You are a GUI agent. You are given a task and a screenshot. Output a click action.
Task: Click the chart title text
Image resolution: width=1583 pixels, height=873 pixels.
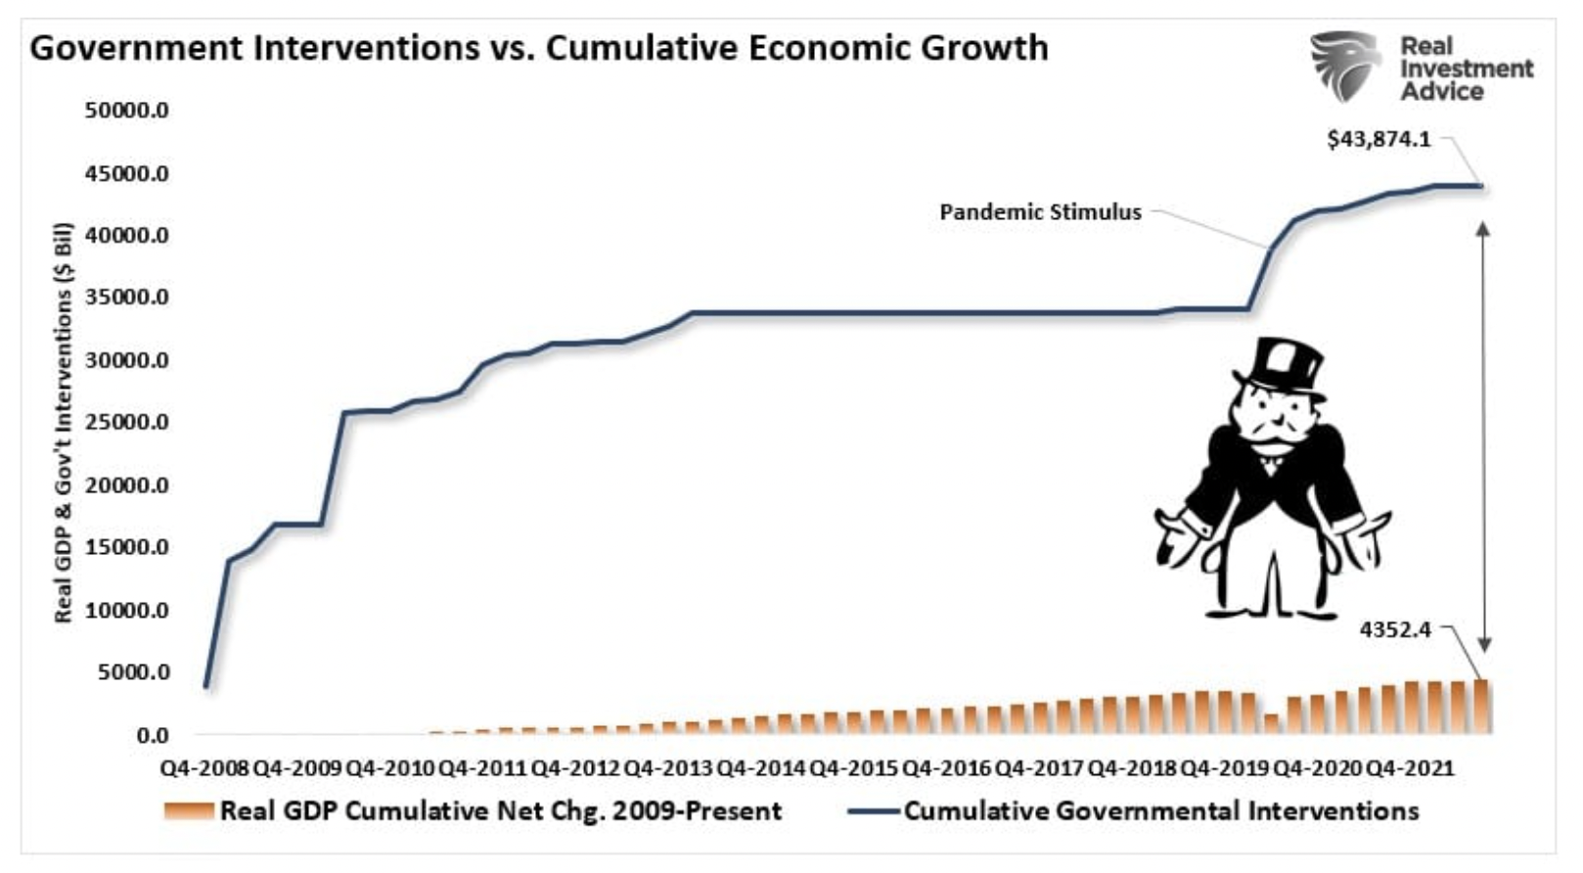click(539, 48)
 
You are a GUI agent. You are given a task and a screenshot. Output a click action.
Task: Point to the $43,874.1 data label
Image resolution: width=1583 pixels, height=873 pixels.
click(1379, 139)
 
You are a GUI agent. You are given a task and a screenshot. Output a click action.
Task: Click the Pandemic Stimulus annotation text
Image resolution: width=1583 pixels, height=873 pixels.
click(1040, 212)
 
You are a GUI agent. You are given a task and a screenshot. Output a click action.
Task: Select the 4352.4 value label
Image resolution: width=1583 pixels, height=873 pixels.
click(1395, 629)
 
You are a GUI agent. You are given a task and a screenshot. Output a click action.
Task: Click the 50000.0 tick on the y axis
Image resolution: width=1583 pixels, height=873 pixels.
click(127, 111)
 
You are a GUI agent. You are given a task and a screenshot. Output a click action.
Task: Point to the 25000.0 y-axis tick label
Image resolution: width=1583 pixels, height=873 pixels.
click(127, 422)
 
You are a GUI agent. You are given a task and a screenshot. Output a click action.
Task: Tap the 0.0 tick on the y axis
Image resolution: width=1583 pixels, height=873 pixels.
click(153, 734)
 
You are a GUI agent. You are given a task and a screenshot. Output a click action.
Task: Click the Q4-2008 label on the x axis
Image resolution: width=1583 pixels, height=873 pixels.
click(204, 768)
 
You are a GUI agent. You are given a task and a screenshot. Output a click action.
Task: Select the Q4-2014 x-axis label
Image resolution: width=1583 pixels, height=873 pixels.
click(760, 768)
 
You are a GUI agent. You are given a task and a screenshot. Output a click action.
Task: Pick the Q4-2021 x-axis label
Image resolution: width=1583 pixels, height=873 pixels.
click(1409, 768)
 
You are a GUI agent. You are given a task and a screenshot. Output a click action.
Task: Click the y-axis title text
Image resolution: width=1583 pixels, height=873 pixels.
click(64, 423)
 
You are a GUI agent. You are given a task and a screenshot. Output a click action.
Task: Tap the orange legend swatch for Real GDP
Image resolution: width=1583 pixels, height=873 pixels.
click(189, 810)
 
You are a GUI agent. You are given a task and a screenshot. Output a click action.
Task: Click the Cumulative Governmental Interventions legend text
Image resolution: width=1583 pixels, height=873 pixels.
click(1160, 810)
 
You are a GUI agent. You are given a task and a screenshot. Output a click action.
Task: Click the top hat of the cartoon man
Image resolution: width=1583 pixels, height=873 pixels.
click(1277, 363)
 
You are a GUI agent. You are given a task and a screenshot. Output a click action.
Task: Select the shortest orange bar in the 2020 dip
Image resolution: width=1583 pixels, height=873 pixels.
click(1271, 723)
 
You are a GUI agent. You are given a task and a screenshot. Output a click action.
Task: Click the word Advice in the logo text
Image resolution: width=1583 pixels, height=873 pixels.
click(1441, 91)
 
